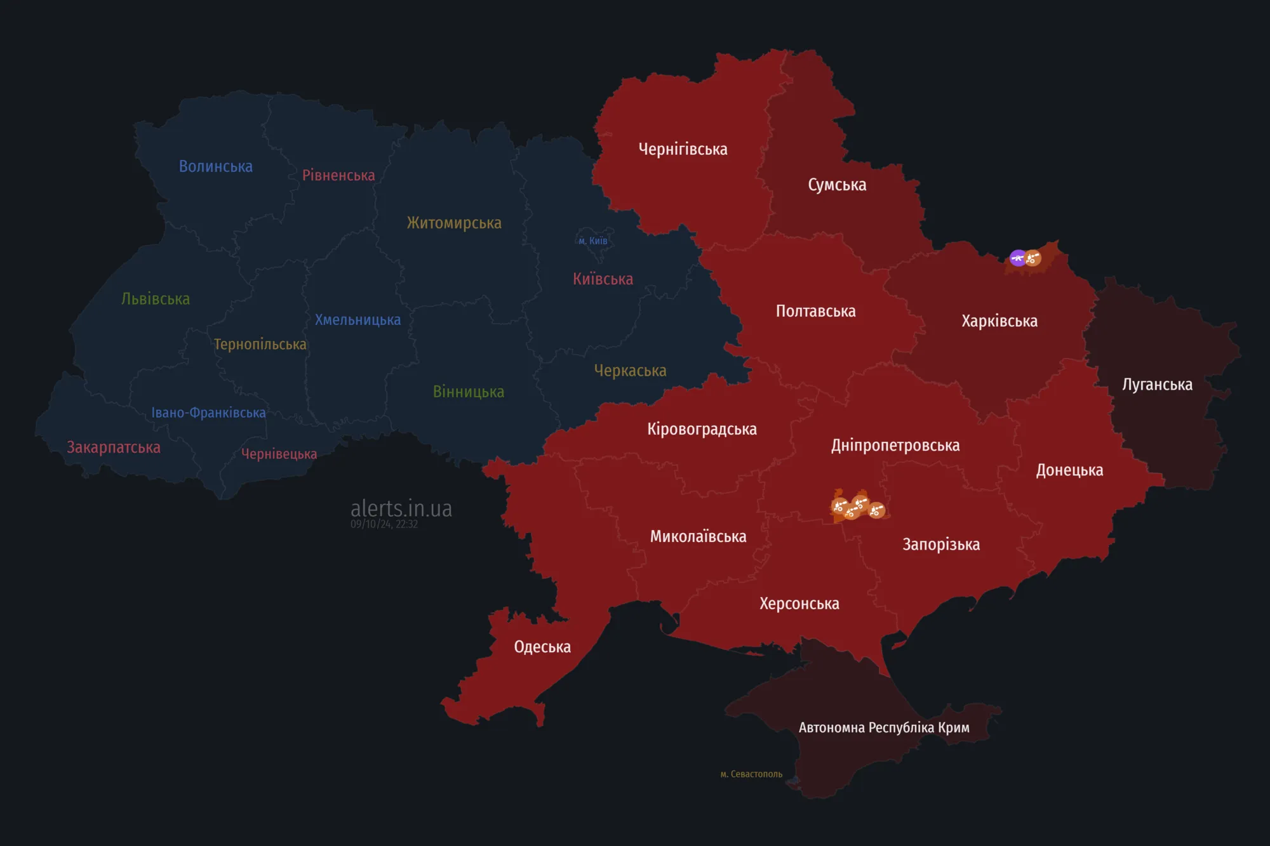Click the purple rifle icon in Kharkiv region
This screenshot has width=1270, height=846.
click(1018, 258)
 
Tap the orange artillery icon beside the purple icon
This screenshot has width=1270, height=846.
click(1033, 258)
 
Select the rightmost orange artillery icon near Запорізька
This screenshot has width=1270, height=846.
click(876, 510)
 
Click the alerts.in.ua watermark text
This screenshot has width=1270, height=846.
click(401, 508)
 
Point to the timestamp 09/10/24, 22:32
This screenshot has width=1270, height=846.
click(384, 524)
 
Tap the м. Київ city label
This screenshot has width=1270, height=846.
click(593, 241)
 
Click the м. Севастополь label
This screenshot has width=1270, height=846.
click(751, 774)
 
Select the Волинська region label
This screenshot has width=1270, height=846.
click(216, 166)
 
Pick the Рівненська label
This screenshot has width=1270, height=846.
click(338, 176)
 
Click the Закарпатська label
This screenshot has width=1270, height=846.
click(114, 447)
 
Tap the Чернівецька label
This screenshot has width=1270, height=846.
click(279, 454)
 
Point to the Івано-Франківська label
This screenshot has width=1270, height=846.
click(208, 413)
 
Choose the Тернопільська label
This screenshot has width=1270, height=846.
click(260, 345)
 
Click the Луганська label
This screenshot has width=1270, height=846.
click(1157, 385)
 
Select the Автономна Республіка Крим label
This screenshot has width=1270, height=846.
click(884, 728)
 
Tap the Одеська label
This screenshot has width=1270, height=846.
click(542, 647)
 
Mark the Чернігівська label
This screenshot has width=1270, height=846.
click(683, 150)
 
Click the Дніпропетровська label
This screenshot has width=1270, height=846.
click(895, 446)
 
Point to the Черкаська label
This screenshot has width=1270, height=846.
click(630, 371)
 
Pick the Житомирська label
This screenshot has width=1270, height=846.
click(454, 223)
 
